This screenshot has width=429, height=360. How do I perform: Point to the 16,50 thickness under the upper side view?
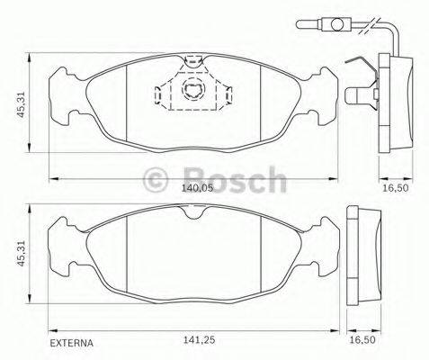391,190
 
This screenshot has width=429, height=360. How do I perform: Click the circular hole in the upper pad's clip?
192,88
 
